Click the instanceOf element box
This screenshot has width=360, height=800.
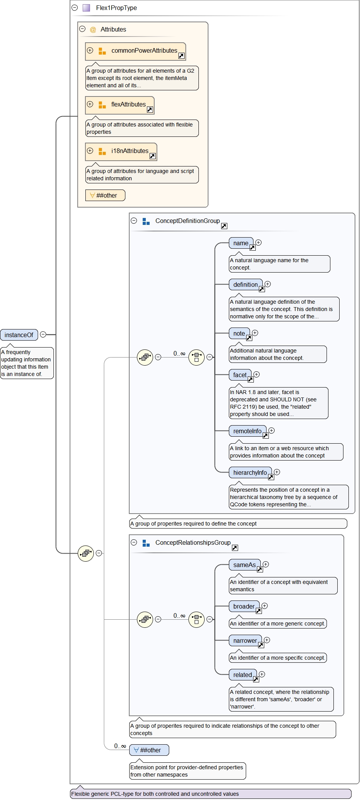[19, 335]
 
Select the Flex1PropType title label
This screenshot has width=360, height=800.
[116, 8]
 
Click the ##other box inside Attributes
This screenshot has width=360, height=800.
[105, 195]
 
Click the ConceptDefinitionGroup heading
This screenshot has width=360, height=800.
[187, 221]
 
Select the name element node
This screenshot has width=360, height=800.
[241, 243]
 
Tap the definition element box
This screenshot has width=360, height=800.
[245, 284]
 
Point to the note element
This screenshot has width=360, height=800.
[239, 333]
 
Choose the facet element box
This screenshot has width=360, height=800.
[240, 375]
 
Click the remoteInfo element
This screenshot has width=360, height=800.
[247, 431]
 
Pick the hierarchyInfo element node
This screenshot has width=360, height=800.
[250, 472]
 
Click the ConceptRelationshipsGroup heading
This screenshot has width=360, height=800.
[193, 542]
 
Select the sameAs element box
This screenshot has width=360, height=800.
[244, 565]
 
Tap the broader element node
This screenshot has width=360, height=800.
[244, 606]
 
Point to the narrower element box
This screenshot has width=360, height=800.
[245, 640]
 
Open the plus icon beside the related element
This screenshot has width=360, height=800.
[262, 674]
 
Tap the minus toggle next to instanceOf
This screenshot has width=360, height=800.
[43, 334]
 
